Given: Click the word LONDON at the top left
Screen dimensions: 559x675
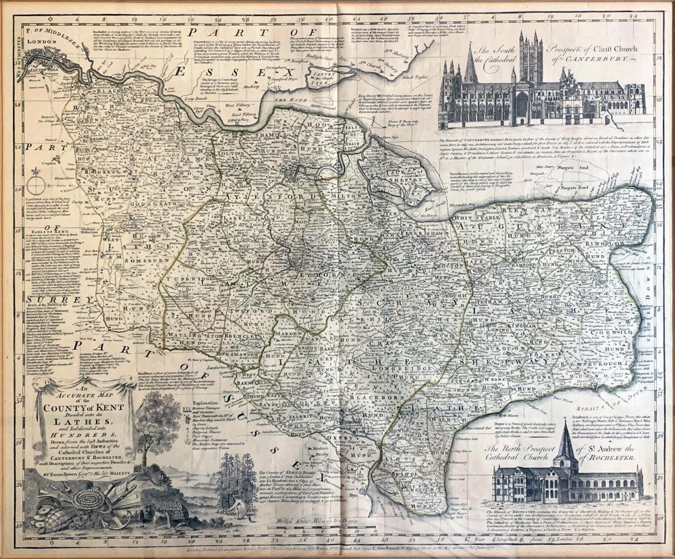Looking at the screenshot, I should point(40,41).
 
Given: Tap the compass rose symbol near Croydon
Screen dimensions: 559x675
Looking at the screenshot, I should point(36,184).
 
